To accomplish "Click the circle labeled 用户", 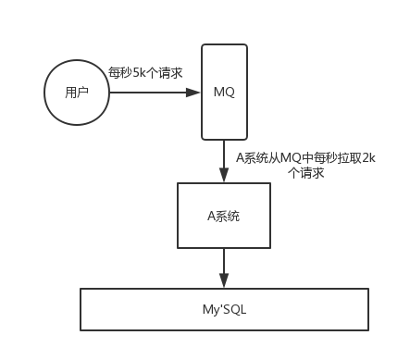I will [77, 92].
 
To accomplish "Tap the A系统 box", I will [224, 215].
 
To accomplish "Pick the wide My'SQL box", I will [224, 309].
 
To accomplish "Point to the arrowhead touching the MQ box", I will [194, 92].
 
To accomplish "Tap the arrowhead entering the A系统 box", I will [224, 177].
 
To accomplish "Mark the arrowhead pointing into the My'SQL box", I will [224, 282].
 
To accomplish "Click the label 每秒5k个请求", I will [147, 71].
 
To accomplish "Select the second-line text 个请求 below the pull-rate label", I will [306, 172].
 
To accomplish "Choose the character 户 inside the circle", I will [83, 93].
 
